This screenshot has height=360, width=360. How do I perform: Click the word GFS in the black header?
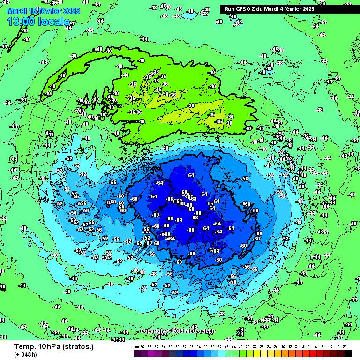coord(240,9)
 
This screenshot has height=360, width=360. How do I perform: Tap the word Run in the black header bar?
coord(230,9)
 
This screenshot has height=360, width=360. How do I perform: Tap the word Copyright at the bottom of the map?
coord(153,331)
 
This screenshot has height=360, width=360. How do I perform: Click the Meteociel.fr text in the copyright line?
coord(200,331)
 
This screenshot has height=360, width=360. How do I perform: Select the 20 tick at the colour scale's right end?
coord(345,347)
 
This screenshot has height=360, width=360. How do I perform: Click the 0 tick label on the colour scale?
coord(309,347)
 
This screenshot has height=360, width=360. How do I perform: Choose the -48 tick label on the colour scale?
coord(227,347)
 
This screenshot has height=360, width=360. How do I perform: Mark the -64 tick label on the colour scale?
coord(199,347)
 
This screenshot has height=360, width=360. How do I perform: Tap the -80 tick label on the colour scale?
coord(171,347)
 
